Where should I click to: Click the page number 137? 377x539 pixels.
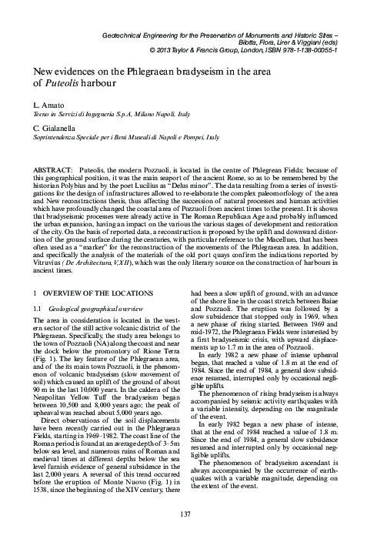(x=188, y=514)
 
